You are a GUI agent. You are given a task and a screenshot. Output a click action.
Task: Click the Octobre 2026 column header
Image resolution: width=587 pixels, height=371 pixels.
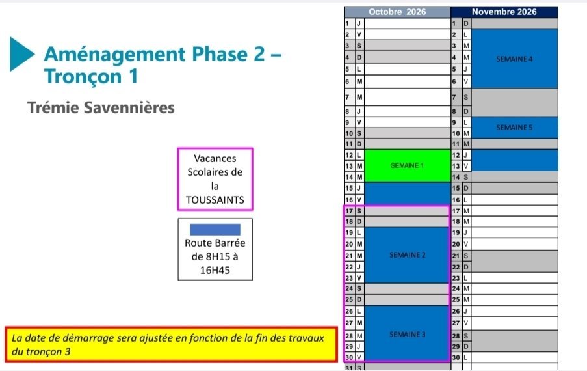(397, 12)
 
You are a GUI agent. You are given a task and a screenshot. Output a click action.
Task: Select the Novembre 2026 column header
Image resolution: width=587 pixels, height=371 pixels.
(504, 12)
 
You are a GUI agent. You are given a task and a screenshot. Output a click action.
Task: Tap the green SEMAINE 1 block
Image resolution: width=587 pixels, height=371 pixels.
(408, 165)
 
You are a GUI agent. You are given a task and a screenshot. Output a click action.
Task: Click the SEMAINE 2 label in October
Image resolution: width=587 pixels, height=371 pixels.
(408, 255)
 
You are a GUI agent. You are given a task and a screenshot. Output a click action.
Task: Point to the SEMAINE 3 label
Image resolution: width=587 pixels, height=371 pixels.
(408, 335)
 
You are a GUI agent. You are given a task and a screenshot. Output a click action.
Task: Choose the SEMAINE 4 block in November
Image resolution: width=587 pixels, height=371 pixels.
(514, 59)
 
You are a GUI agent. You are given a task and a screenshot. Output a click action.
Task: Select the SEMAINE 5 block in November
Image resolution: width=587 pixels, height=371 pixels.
(514, 128)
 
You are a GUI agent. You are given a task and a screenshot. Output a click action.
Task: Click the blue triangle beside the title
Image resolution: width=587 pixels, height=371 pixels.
(21, 54)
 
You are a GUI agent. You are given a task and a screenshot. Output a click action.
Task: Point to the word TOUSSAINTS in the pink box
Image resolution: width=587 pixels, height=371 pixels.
(215, 200)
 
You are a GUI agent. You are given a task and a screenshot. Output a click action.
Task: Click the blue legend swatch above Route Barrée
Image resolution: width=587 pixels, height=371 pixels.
(215, 229)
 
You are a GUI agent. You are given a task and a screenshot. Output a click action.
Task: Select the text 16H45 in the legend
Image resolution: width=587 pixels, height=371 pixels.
(215, 270)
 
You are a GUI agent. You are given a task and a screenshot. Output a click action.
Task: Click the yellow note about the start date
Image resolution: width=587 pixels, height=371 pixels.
(172, 344)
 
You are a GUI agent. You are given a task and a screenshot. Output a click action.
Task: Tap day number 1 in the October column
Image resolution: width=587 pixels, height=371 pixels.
(347, 23)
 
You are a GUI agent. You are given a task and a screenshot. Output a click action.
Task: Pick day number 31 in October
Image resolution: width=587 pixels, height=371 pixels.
(349, 368)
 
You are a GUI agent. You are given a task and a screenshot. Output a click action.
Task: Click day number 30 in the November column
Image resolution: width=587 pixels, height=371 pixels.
(456, 357)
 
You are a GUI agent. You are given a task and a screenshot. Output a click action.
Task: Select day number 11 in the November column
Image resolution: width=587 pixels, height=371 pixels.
(456, 144)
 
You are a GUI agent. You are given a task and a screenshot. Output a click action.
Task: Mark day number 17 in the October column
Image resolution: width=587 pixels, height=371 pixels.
(349, 211)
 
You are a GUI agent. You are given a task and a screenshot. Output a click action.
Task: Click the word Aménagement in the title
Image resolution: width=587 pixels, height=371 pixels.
(114, 54)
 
